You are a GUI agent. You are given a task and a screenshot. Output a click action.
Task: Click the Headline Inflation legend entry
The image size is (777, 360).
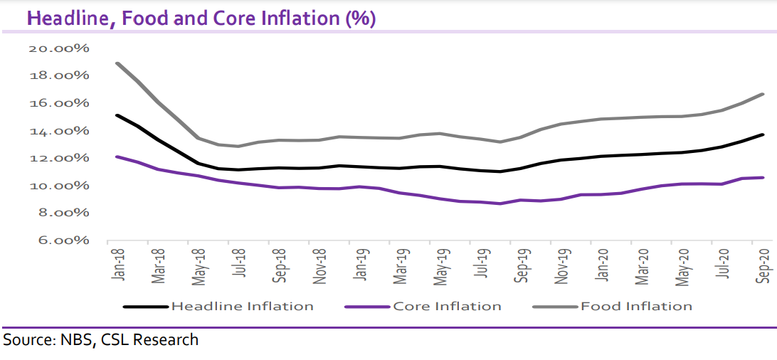(242, 307)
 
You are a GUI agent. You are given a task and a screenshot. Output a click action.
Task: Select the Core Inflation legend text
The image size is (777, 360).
(447, 307)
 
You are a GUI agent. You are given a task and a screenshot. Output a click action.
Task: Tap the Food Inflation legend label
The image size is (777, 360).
(636, 307)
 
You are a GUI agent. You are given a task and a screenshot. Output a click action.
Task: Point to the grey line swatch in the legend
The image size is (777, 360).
(556, 307)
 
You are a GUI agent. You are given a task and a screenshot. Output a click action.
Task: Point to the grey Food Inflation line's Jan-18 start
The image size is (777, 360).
(117, 63)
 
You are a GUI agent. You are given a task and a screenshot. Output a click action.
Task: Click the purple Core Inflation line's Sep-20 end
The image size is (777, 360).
(763, 178)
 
